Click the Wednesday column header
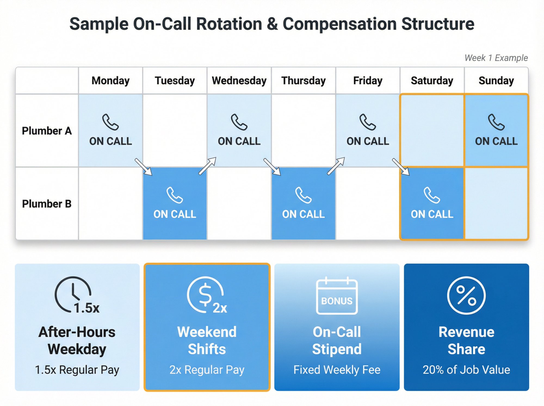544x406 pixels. (239, 81)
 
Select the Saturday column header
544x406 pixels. (432, 81)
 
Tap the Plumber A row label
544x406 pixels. (47, 131)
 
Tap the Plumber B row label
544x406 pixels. (47, 204)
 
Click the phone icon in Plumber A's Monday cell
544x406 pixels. (110, 122)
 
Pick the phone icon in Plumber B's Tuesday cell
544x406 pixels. (175, 195)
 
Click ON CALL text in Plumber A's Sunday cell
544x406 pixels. (496, 141)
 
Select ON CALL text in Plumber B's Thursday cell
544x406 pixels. (303, 214)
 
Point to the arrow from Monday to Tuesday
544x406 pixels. (143, 167)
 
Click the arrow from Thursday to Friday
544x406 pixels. (336, 166)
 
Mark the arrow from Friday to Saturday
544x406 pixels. (401, 167)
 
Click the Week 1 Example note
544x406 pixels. (496, 58)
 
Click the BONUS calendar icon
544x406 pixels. (337, 296)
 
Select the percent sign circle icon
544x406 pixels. (466, 296)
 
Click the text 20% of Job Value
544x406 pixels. (466, 370)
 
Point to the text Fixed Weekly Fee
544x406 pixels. (337, 370)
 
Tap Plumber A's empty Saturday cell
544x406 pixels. (432, 131)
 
